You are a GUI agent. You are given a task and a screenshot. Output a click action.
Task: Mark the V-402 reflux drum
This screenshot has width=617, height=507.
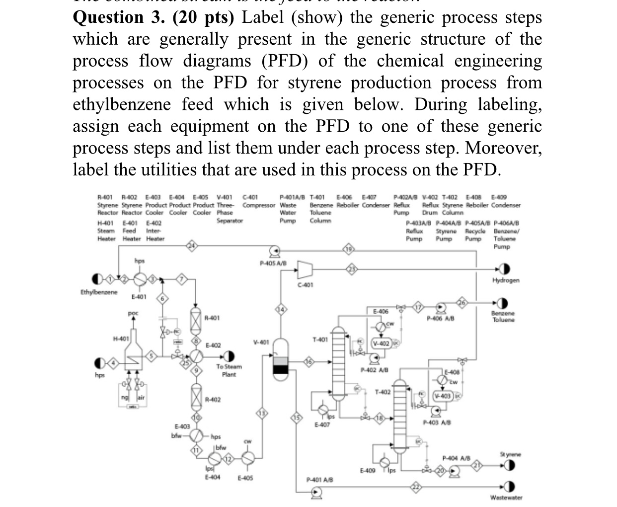[x=382, y=343]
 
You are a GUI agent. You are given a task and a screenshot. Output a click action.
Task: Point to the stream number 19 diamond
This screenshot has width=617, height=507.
[x=349, y=249]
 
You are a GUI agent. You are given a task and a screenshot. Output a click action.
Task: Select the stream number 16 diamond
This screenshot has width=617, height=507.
[x=308, y=362]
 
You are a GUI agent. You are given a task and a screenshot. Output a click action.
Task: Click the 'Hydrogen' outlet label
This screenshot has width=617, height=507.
[x=506, y=280]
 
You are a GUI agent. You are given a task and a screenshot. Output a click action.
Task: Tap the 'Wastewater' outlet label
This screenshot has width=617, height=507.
[x=506, y=498]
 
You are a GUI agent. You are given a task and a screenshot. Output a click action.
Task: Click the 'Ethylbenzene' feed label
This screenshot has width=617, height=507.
[x=99, y=292]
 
